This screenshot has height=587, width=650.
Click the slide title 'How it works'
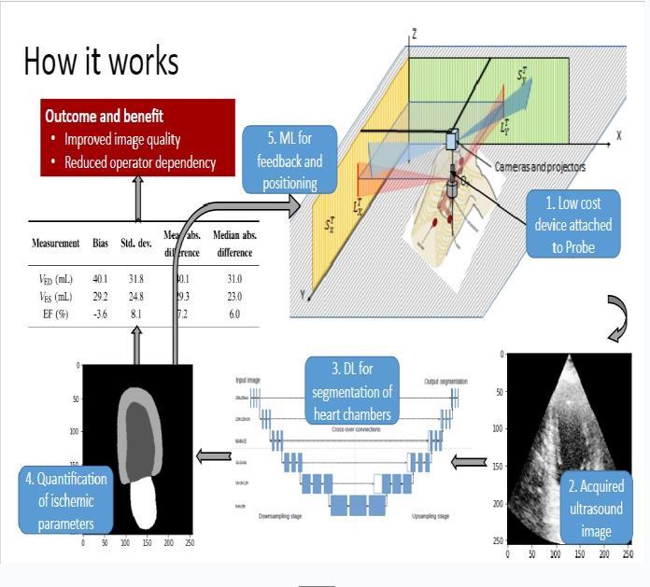(x=101, y=62)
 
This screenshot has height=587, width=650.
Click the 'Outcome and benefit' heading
(x=104, y=118)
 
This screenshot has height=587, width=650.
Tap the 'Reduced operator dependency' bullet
(x=140, y=162)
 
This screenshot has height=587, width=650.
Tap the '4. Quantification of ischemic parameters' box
(x=66, y=502)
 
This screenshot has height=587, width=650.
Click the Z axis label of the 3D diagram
(x=414, y=35)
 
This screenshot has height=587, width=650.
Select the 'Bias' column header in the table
(x=100, y=244)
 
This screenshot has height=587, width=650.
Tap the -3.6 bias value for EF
(x=100, y=314)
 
